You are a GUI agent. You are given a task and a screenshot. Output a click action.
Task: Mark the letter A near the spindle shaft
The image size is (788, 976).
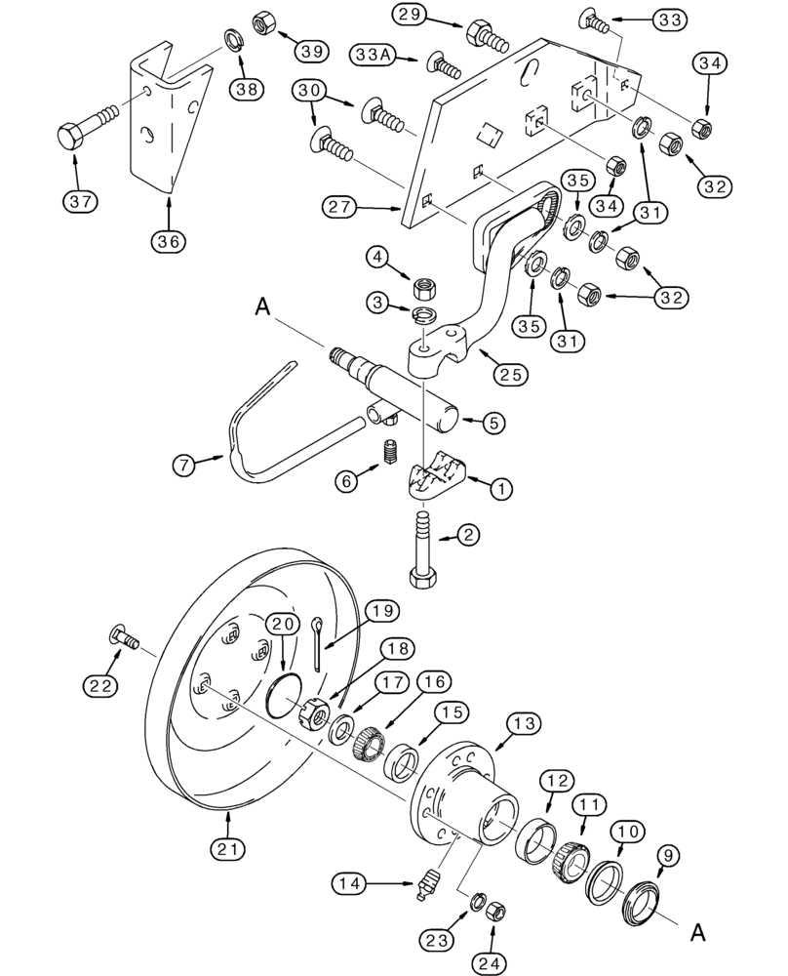click(260, 307)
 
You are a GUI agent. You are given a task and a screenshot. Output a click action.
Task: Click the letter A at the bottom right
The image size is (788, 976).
click(696, 932)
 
